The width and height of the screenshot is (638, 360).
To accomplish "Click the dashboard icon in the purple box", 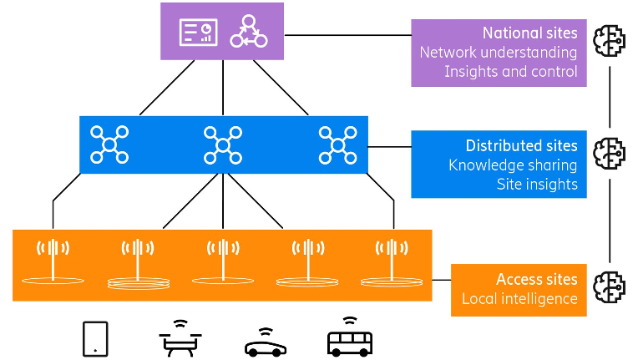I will click(x=199, y=32).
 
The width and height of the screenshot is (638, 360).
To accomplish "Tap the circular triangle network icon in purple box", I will click(x=248, y=32).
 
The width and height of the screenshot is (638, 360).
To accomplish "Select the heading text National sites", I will click(x=529, y=33).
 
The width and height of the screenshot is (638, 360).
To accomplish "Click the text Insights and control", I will click(x=510, y=72).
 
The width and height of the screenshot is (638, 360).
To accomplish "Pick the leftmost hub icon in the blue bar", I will click(x=109, y=145).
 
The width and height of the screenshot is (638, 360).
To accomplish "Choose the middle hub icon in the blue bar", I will click(x=223, y=145).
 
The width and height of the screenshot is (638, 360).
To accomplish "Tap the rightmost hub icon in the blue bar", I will click(x=338, y=145).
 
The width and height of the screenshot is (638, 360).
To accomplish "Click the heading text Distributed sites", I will click(x=521, y=145).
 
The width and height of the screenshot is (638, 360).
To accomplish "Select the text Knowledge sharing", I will click(x=513, y=165).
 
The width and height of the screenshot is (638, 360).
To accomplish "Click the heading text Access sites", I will click(x=536, y=279).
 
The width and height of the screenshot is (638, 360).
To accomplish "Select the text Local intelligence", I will click(x=519, y=298).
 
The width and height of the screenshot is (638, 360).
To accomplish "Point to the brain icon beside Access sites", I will click(x=610, y=285).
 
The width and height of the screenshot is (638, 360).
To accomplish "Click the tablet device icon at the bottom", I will click(x=95, y=338).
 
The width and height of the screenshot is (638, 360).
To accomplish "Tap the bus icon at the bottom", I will click(x=349, y=337).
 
